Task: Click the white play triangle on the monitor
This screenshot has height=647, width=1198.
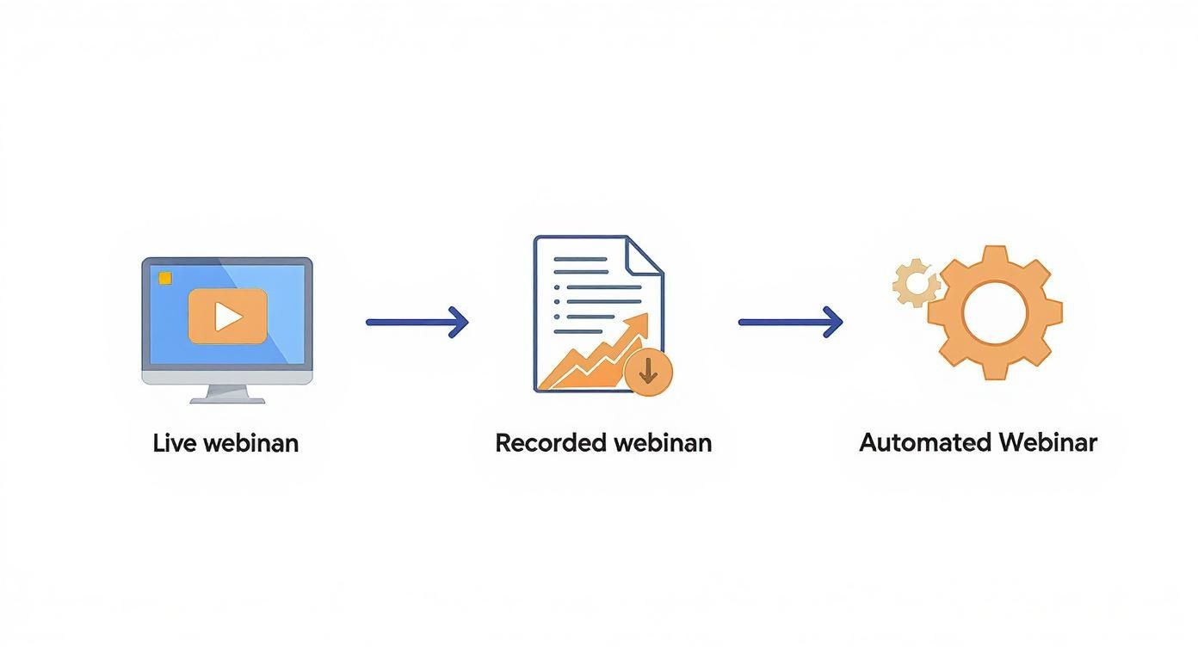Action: point(226,317)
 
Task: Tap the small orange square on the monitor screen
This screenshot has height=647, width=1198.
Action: point(165,279)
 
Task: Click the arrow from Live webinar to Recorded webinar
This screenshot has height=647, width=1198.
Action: point(417,322)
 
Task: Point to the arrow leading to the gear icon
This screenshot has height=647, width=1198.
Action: point(790,322)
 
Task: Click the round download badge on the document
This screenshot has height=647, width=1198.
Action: point(648,372)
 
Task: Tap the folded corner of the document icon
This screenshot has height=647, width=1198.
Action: point(645,256)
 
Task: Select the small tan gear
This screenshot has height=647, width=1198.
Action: point(917,283)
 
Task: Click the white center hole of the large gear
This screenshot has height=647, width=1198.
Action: point(995,313)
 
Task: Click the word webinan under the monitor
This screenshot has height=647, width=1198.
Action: point(251,443)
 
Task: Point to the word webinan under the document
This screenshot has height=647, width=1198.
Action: point(663,443)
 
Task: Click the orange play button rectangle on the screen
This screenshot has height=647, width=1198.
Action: point(228,317)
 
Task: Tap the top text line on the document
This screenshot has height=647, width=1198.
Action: point(581,259)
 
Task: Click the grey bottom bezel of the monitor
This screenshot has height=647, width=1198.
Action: point(227,378)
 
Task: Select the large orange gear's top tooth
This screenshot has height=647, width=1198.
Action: point(995,255)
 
